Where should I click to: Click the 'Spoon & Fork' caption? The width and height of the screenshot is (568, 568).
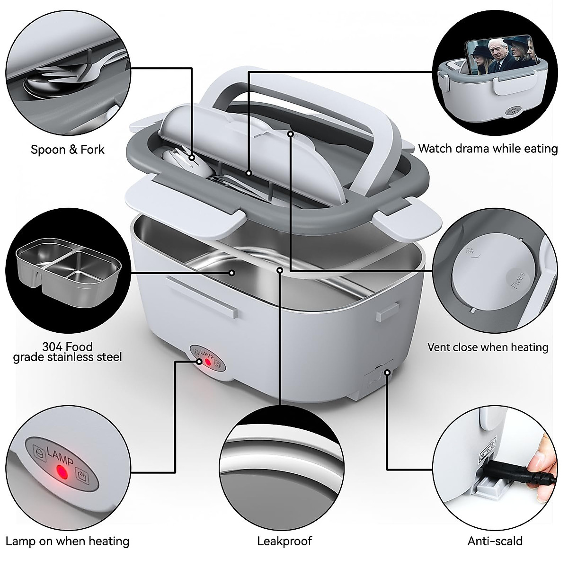click(x=67, y=150)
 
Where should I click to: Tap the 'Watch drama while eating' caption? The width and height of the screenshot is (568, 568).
click(x=488, y=149)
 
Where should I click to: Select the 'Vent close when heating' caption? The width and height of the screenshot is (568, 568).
click(x=488, y=347)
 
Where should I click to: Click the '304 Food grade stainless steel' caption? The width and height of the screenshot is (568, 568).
click(x=67, y=352)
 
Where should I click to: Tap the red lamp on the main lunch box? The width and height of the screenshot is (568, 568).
click(x=207, y=362)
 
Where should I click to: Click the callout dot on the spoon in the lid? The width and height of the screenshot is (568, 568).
click(x=192, y=157)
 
